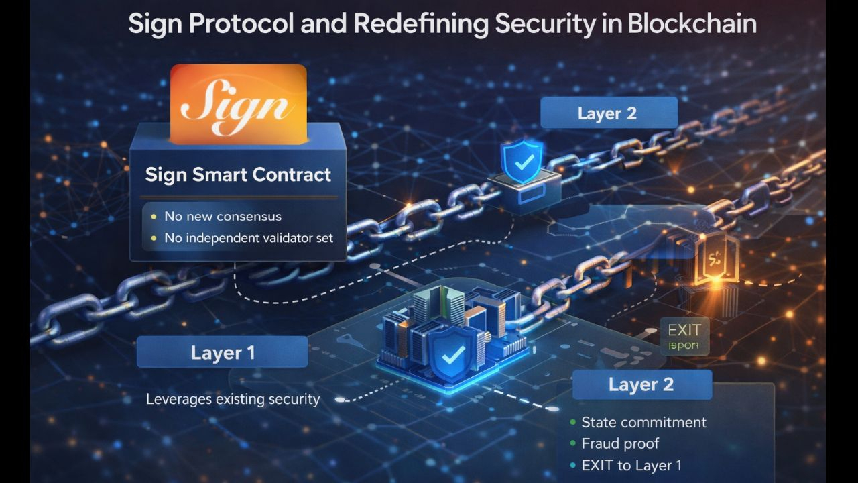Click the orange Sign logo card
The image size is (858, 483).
pos(239,104)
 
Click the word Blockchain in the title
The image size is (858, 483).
pos(692,24)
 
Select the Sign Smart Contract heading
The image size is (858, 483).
pos(238,175)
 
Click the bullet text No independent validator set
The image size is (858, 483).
pos(249,237)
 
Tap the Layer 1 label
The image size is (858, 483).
pos(223,353)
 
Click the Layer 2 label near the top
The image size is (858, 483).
pos(607,113)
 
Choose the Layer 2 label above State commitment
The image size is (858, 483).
pos(641,385)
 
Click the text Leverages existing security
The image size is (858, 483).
pos(233,400)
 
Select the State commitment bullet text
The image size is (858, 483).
pos(643,423)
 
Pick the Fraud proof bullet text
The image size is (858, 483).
pos(620,444)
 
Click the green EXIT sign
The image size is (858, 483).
pos(684,336)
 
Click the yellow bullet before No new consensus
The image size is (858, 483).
pos(154,217)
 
